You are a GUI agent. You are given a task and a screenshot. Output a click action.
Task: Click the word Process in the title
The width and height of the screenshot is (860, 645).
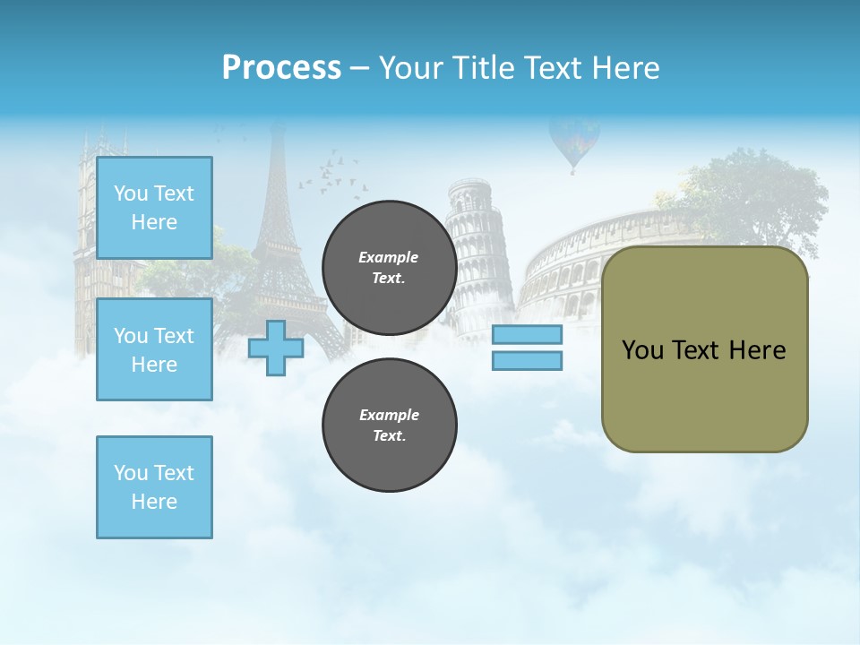coord(281,68)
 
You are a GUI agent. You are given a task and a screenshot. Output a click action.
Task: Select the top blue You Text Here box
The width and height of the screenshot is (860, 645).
coord(154,208)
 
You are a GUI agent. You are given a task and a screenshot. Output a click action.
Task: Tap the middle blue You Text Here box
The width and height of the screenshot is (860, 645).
coord(154,349)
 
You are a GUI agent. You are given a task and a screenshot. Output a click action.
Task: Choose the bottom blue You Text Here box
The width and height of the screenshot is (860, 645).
coord(154,487)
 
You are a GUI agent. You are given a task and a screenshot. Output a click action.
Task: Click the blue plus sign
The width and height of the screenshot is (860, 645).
coord(276,348)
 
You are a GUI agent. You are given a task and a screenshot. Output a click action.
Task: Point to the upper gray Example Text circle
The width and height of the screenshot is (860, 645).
coord(389,267)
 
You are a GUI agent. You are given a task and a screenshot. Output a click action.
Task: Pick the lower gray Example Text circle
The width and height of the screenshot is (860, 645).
coord(389,425)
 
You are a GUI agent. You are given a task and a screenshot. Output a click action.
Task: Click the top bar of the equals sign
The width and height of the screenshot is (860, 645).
coord(527,335)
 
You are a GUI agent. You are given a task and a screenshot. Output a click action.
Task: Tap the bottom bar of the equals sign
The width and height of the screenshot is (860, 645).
coord(527,360)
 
